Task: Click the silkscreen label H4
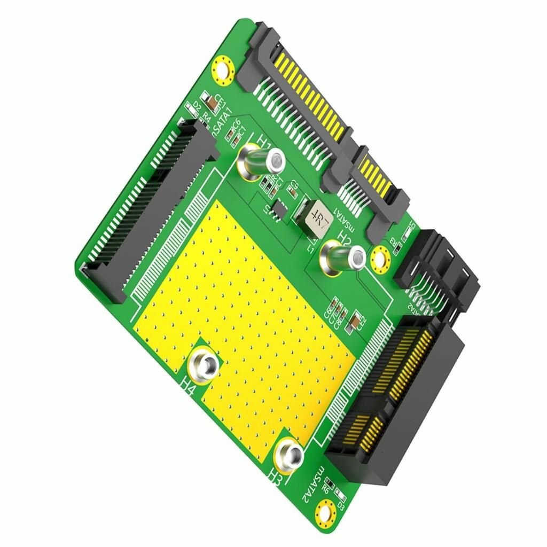(x=188, y=386)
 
